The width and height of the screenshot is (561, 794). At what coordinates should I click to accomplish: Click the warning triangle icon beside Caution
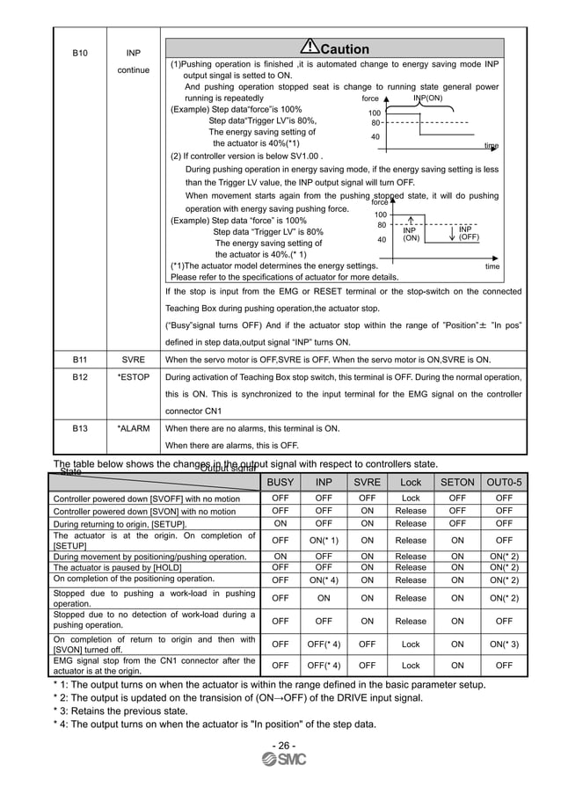[309, 47]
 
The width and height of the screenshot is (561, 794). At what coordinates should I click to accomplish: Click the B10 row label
[79, 54]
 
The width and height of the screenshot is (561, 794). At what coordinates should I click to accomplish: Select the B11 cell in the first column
[79, 360]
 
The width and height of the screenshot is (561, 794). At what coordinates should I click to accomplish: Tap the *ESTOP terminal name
[134, 377]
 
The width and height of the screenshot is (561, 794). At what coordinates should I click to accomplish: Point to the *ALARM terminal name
[134, 428]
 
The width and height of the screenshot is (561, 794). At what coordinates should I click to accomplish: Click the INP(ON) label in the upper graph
[427, 98]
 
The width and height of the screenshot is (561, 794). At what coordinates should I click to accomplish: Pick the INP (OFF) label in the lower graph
[463, 233]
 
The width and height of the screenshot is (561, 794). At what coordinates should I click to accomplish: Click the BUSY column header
[280, 482]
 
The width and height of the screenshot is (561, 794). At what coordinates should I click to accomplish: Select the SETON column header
[457, 482]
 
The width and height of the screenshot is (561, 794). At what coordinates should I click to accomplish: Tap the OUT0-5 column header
[504, 482]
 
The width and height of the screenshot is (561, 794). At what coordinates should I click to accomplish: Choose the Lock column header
[411, 482]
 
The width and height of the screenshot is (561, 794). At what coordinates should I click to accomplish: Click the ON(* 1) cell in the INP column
[324, 540]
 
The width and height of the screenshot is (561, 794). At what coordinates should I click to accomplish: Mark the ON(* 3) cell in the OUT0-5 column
[504, 644]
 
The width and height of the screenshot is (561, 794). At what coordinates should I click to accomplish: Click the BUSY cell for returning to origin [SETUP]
[280, 522]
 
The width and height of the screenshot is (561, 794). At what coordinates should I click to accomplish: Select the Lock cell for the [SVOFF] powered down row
[411, 498]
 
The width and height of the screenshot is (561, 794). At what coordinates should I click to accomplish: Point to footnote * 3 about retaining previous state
[120, 710]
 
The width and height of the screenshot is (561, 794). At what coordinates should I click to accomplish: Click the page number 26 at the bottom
[282, 746]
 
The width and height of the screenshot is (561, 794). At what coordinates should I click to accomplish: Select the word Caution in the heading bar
[345, 49]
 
